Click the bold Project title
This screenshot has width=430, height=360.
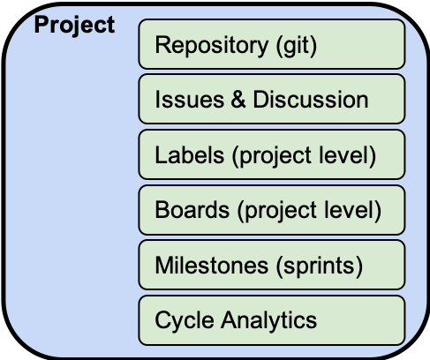click(74, 26)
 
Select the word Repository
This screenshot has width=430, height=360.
click(212, 46)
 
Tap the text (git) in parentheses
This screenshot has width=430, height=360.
click(297, 46)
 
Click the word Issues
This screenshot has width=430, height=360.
click(190, 100)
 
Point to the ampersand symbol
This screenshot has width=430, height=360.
click(238, 100)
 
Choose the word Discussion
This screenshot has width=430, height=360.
click(311, 100)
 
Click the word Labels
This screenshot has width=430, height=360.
click(190, 154)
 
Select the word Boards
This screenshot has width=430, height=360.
click(192, 210)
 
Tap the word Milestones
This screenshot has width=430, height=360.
click(212, 266)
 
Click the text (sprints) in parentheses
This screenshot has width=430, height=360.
click(320, 266)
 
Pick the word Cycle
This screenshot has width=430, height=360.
click(185, 321)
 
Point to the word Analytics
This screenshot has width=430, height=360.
click(269, 320)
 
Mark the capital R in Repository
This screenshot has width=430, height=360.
click(162, 44)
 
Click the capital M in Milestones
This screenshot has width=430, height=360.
click(164, 265)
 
